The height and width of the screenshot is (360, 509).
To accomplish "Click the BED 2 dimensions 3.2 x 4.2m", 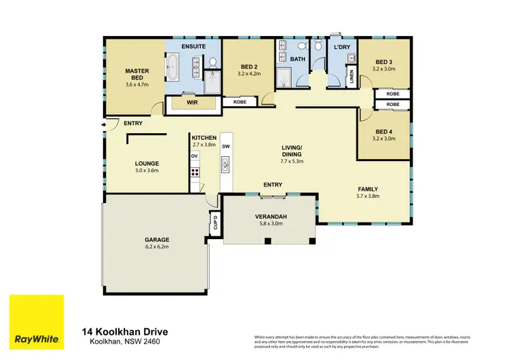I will click(249, 73).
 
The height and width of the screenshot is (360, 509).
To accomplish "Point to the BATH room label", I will click(298, 59).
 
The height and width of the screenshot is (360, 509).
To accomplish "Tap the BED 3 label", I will click(385, 61).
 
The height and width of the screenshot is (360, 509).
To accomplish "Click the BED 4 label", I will click(384, 131).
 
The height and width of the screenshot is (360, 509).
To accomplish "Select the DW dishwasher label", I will click(226, 146).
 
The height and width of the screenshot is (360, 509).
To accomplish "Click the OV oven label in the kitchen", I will click(194, 156).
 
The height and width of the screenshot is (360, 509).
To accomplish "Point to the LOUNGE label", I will click(147, 163).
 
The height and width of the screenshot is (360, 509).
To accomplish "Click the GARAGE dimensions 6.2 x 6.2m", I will click(156, 247).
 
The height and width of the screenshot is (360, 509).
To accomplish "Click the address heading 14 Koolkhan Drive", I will click(125, 331).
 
